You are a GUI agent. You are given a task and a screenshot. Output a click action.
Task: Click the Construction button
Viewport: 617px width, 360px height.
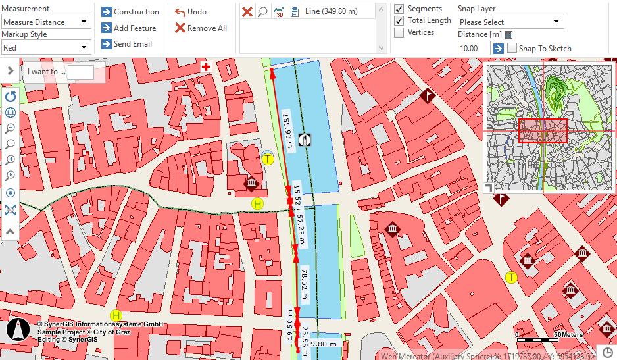pyautogui.click(x=130, y=12)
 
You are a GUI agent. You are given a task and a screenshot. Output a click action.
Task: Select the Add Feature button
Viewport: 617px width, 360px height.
pyautogui.click(x=129, y=28)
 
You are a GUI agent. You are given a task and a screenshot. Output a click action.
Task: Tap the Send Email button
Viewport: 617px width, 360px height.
pyautogui.click(x=126, y=44)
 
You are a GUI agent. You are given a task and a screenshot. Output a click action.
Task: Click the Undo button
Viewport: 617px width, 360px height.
pyautogui.click(x=191, y=12)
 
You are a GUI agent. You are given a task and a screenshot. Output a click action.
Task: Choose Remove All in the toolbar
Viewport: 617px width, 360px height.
pyautogui.click(x=201, y=28)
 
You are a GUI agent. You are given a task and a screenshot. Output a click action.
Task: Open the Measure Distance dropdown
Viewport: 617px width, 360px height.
pyautogui.click(x=45, y=22)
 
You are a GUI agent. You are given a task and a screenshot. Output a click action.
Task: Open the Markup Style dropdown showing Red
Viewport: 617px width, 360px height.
pyautogui.click(x=45, y=47)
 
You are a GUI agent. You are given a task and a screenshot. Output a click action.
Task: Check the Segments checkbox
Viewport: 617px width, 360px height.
pyautogui.click(x=399, y=9)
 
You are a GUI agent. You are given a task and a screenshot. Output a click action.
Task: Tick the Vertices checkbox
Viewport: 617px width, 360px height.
pyautogui.click(x=399, y=32)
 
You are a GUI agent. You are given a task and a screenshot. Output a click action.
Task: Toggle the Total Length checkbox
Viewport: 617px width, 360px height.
pyautogui.click(x=399, y=20)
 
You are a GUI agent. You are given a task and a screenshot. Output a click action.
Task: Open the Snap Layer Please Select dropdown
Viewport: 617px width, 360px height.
pyautogui.click(x=510, y=22)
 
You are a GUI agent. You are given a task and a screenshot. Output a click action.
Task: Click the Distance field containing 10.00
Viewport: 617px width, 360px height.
pyautogui.click(x=474, y=48)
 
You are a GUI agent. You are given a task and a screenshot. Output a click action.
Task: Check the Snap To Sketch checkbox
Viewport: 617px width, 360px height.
pyautogui.click(x=512, y=48)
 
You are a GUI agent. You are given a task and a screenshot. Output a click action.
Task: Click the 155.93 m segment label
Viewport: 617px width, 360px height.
pyautogui.click(x=287, y=132)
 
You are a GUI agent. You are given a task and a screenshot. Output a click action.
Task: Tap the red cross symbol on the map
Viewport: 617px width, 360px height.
pyautogui.click(x=206, y=67)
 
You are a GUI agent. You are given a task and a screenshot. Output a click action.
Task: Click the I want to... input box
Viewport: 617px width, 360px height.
pyautogui.click(x=80, y=72)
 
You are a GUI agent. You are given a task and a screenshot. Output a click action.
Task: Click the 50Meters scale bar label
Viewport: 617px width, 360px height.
pyautogui.click(x=568, y=335)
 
